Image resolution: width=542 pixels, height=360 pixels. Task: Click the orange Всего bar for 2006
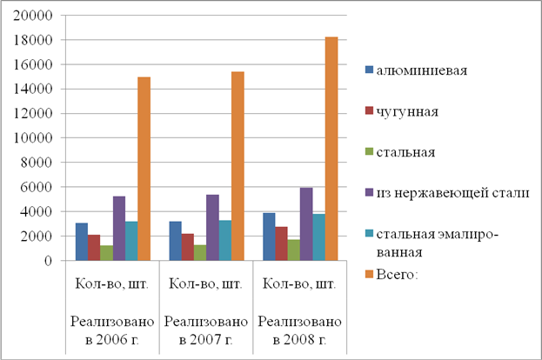144,169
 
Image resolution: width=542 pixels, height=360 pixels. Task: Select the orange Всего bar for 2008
331,149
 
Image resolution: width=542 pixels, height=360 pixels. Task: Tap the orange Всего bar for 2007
238,166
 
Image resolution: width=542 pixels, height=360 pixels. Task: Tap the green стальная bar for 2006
106,252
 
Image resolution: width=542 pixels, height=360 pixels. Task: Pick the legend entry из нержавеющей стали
452,191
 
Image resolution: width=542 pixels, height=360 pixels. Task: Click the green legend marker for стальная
368,151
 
